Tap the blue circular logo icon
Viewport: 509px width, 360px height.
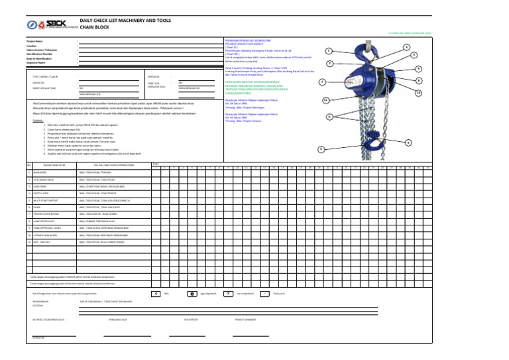coord(32,25)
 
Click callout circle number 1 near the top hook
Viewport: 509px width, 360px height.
coord(329,51)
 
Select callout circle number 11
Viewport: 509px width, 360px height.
coord(325,100)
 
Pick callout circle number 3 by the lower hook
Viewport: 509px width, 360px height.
coord(321,149)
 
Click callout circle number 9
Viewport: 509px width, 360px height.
coord(418,69)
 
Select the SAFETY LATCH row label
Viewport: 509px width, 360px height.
coord(42,193)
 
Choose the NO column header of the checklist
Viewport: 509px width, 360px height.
coord(29,165)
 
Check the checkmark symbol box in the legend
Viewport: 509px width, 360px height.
coord(154,292)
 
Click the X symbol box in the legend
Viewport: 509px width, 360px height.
coord(227,292)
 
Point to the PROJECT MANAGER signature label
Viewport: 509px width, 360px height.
coord(246,318)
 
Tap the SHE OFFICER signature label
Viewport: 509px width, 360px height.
coord(192,318)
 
